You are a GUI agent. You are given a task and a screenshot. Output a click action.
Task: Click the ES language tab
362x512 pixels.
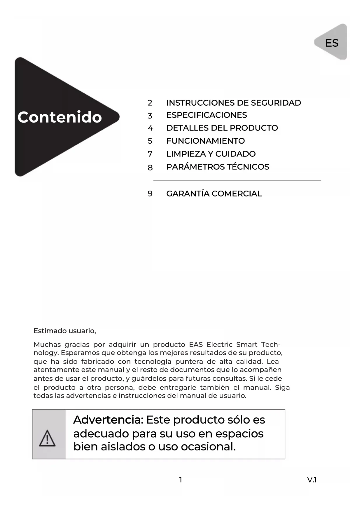click(x=332, y=43)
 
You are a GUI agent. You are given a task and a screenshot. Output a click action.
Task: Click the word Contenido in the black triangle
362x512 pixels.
click(x=60, y=117)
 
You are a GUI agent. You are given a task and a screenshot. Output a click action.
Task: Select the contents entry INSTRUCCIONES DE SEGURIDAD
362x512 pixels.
click(x=233, y=103)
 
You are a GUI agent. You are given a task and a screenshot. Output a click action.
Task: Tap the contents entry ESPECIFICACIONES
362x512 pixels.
click(x=207, y=115)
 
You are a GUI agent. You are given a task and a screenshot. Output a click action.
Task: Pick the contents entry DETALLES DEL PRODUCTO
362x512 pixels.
click(x=222, y=128)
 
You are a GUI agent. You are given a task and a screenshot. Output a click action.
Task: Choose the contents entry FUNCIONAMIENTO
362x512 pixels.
click(x=205, y=141)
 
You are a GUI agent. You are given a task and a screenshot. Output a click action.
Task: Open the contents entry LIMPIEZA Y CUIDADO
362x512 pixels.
click(x=211, y=154)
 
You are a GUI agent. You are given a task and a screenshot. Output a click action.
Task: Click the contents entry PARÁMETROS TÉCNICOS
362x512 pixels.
click(x=218, y=167)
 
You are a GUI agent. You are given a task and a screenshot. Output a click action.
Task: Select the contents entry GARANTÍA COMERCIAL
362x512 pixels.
click(x=214, y=194)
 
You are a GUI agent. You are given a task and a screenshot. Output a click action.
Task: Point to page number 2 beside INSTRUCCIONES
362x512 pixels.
click(x=150, y=103)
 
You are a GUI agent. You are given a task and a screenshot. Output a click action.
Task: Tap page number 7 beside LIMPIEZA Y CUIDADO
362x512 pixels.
click(x=150, y=154)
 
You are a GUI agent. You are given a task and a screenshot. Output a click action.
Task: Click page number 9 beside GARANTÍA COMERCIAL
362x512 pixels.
click(x=150, y=194)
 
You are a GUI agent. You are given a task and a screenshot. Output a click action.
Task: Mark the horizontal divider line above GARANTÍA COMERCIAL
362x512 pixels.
click(x=237, y=180)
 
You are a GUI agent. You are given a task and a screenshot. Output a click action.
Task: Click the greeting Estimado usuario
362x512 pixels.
click(x=65, y=331)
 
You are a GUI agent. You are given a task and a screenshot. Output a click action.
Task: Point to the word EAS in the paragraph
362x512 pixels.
click(x=196, y=345)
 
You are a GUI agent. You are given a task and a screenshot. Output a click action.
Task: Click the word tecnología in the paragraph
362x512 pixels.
click(x=153, y=362)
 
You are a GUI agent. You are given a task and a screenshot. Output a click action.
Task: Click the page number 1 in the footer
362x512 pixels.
click(x=181, y=480)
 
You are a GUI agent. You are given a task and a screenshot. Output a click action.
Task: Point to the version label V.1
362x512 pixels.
click(x=312, y=480)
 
